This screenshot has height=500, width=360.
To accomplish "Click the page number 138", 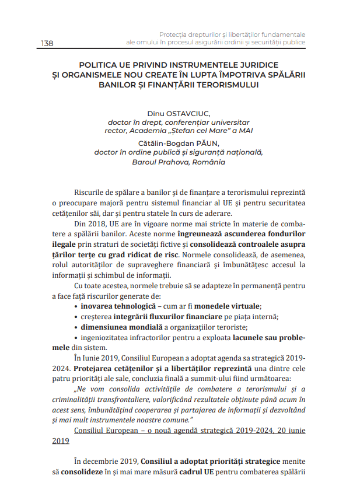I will coord(47,43).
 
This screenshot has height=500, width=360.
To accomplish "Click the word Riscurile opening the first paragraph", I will coord(90,193).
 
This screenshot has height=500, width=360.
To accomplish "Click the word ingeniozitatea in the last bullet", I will coord(104,338).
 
